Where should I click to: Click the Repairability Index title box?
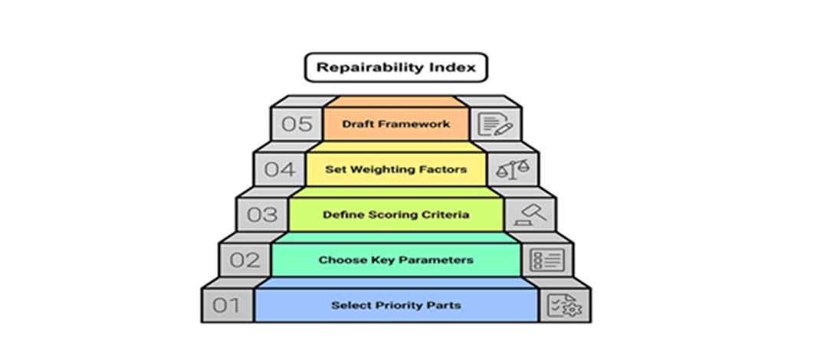tap(396, 67)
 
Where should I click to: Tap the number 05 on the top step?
tap(297, 124)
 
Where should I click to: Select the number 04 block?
tap(279, 169)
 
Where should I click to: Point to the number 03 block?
tap(262, 214)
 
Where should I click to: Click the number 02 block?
tap(244, 260)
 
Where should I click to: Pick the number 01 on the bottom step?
tap(226, 305)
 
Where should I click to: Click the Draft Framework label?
tap(396, 124)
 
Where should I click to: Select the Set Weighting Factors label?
tap(396, 169)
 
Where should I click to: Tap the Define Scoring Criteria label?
tap(396, 214)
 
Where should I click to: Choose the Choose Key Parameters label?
tap(396, 260)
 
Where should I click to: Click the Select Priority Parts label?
tap(396, 305)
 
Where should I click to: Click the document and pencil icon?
tap(495, 124)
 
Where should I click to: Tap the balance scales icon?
tap(513, 169)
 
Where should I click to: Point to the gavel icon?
tap(530, 214)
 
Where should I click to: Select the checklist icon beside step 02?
tap(547, 260)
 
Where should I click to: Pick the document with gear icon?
tap(564, 305)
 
